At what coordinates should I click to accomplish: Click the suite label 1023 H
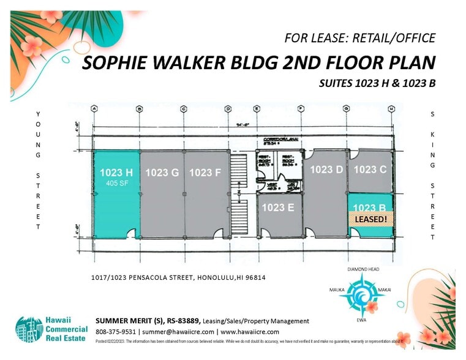pos(116,172)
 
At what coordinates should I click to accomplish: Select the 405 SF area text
pos(116,182)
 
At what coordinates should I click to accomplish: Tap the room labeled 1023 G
pos(162,173)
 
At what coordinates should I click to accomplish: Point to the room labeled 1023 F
pos(205,173)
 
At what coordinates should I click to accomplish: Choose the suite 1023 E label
pos(278,207)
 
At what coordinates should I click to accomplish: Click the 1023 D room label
pos(326,169)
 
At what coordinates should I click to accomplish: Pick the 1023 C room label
pos(370,169)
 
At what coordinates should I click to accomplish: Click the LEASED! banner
pos(370,219)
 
